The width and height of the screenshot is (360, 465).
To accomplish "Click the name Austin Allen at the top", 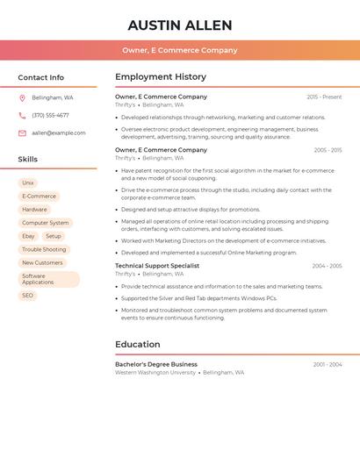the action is pyautogui.click(x=180, y=25).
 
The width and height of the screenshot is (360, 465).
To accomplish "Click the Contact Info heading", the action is pyautogui.click(x=41, y=77).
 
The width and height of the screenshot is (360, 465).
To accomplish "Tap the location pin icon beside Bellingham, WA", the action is pyautogui.click(x=22, y=97).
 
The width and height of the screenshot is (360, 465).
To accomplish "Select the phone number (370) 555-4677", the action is pyautogui.click(x=50, y=115).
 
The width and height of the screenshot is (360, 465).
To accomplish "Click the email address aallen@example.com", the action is pyautogui.click(x=59, y=132).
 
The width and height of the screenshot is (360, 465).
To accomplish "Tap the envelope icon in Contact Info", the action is pyautogui.click(x=22, y=132).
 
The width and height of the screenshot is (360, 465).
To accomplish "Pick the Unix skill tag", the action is pyautogui.click(x=28, y=183).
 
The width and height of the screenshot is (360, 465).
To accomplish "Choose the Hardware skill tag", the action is pyautogui.click(x=35, y=210).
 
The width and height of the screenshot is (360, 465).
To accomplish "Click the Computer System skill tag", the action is pyautogui.click(x=45, y=223).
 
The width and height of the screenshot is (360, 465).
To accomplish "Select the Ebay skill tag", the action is pyautogui.click(x=28, y=236).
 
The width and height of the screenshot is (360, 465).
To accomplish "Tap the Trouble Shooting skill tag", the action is pyautogui.click(x=44, y=249).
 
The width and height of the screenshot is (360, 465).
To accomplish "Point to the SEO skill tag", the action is pyautogui.click(x=28, y=296).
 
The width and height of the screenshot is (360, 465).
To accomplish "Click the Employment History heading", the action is pyautogui.click(x=161, y=77).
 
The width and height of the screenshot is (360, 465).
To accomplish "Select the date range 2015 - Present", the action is pyautogui.click(x=324, y=97).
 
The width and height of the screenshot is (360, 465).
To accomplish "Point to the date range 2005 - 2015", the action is pyautogui.click(x=328, y=150).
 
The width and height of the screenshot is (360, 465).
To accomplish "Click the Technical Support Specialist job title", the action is pyautogui.click(x=157, y=266).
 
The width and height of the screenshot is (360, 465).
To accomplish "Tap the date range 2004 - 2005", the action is pyautogui.click(x=327, y=266).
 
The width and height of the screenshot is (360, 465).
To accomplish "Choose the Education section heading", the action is pyautogui.click(x=138, y=344).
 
